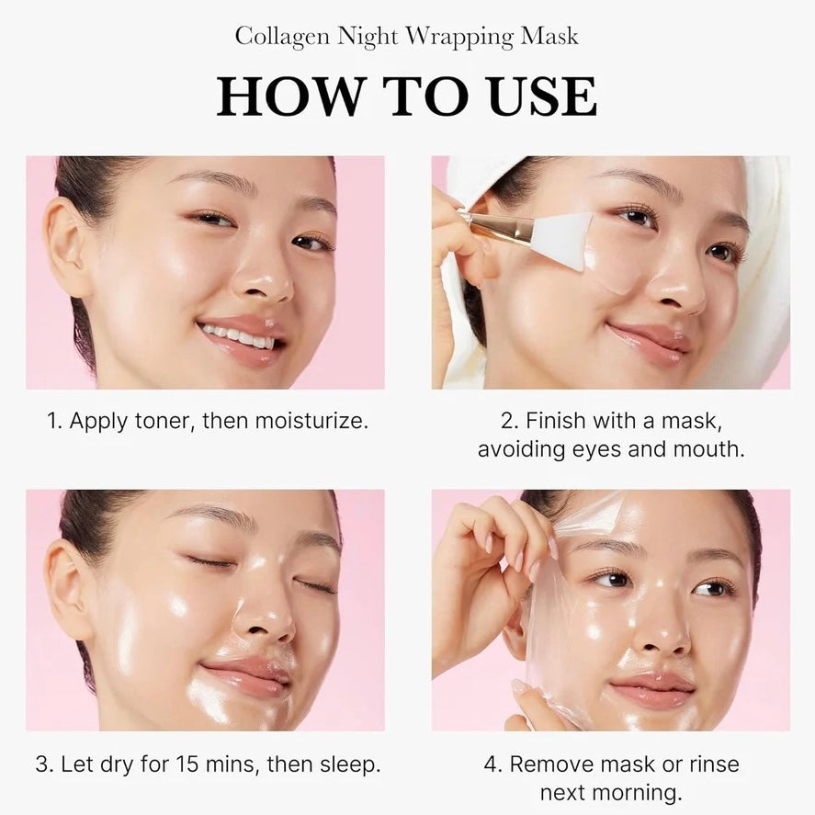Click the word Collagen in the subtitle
point(279,37)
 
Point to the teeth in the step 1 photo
point(238,333)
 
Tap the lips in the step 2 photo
point(651,340)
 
